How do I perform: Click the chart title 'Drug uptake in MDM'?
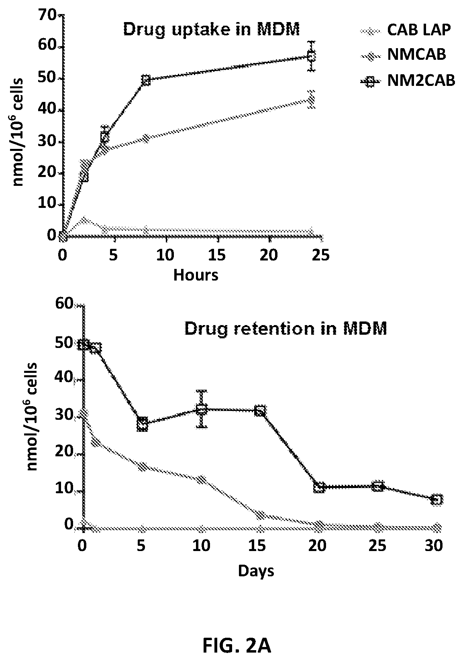(x=211, y=30)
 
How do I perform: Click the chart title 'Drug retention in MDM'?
(x=285, y=329)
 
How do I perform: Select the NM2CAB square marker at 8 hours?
(x=146, y=80)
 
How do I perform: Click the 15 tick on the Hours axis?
(x=218, y=255)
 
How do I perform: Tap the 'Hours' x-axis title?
(x=196, y=275)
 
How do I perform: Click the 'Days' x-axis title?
(x=256, y=570)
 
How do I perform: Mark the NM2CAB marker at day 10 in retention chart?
(x=202, y=409)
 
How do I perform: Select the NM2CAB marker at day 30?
(x=436, y=500)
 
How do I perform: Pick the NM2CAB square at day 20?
(x=319, y=487)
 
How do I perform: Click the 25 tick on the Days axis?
(x=377, y=546)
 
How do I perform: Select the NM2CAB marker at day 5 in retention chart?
(x=142, y=424)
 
